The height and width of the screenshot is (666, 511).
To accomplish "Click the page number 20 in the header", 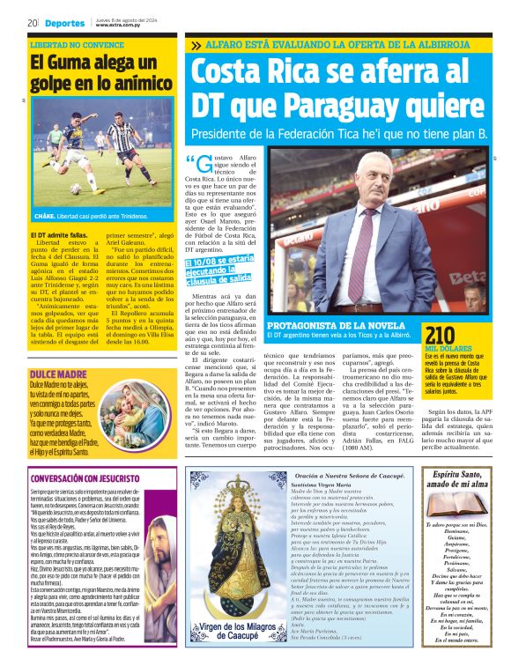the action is (x=31, y=23).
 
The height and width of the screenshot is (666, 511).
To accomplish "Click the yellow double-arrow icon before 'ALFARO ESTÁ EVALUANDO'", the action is (x=195, y=43).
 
